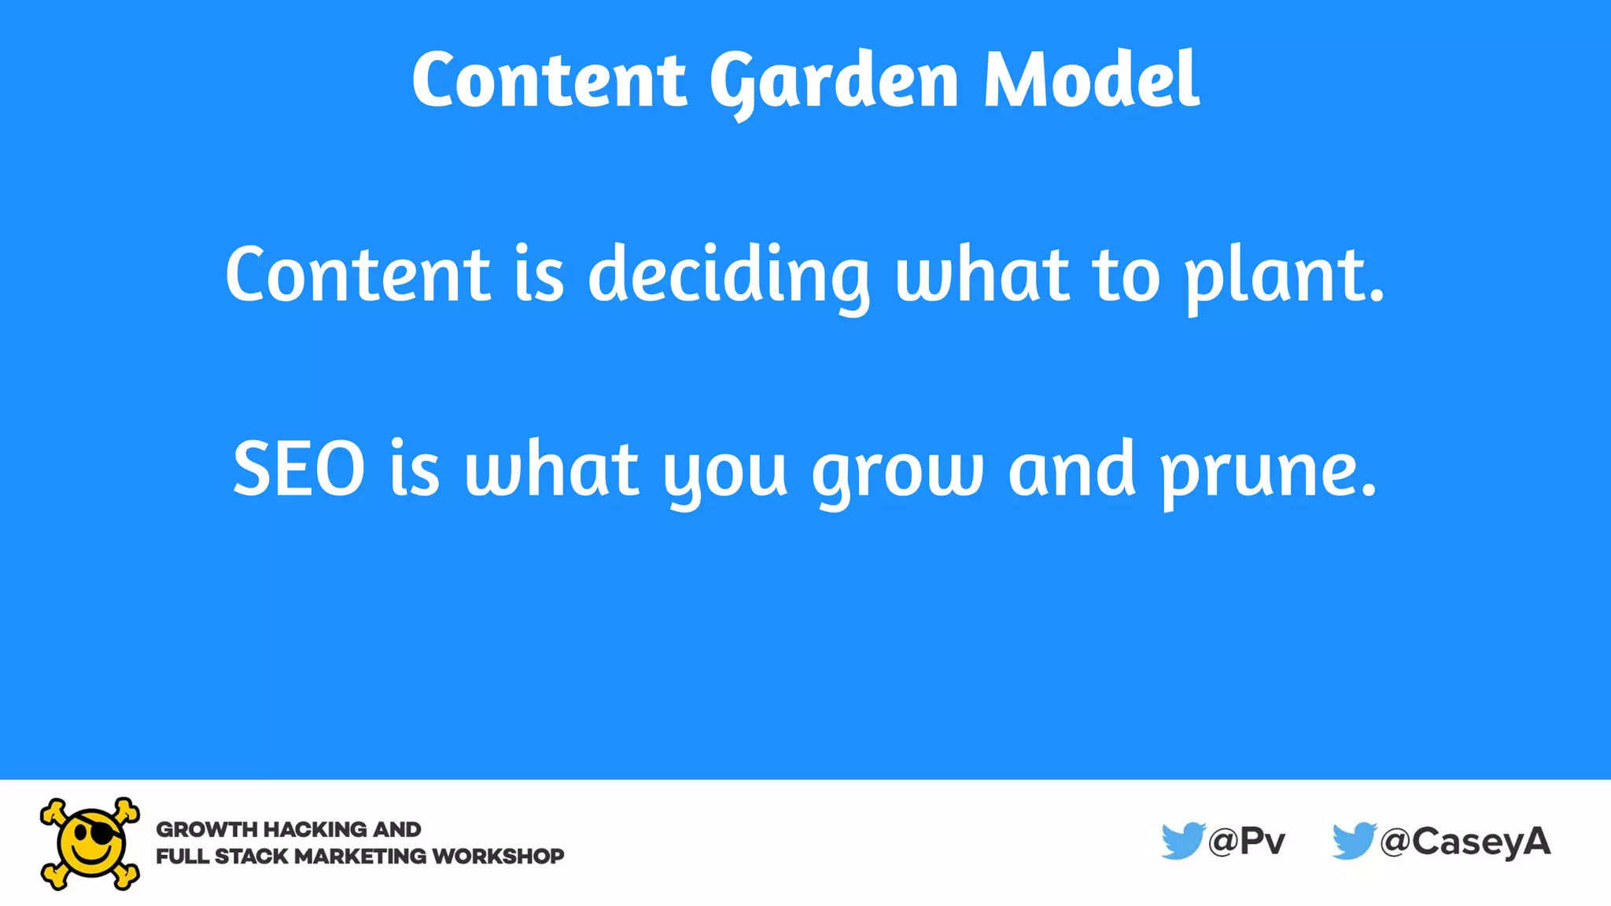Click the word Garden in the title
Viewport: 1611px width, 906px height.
834,81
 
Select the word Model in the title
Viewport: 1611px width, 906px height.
1091,79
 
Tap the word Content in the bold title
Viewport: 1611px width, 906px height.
549,79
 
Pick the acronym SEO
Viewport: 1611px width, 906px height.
299,470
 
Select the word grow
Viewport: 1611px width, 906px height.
898,472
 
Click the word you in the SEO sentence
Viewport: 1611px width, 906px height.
724,472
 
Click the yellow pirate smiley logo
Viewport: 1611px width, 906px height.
90,843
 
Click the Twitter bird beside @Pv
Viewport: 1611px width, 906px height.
1182,841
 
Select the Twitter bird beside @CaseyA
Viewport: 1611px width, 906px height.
1354,841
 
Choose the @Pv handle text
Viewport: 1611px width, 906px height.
1247,842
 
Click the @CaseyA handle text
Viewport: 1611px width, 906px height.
1465,842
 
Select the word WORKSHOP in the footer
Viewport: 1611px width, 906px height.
498,856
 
